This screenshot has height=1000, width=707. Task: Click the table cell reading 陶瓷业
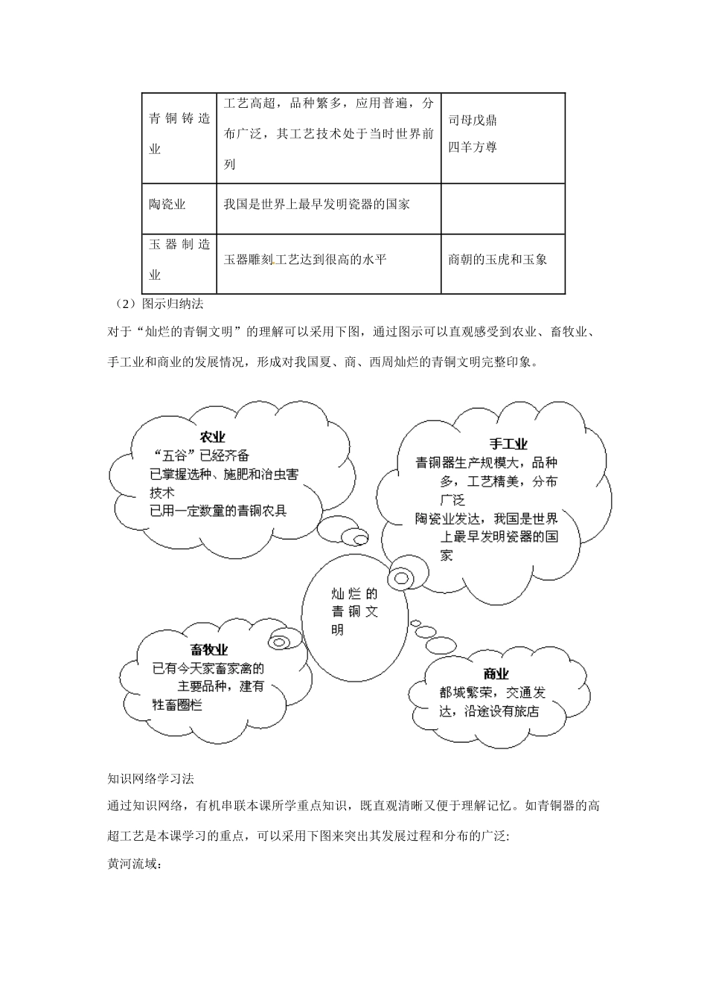coord(167,205)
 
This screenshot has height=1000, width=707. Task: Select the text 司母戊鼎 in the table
coord(473,121)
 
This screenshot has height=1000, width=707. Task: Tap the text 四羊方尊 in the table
coord(473,147)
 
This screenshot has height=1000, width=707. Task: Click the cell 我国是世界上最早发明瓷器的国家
coord(317,205)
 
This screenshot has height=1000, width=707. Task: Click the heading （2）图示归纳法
coord(156,304)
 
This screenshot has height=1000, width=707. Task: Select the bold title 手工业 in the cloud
coord(508,444)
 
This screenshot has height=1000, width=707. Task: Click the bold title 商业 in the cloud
coord(496,674)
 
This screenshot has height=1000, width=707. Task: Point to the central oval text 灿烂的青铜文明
coord(354,612)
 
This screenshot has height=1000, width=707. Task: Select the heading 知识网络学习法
coord(150,779)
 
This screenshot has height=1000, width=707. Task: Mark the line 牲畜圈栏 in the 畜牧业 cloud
coord(177,705)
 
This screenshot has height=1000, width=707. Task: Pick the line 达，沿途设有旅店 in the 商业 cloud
coord(488,711)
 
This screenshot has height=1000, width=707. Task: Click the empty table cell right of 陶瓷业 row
coord(502,208)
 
